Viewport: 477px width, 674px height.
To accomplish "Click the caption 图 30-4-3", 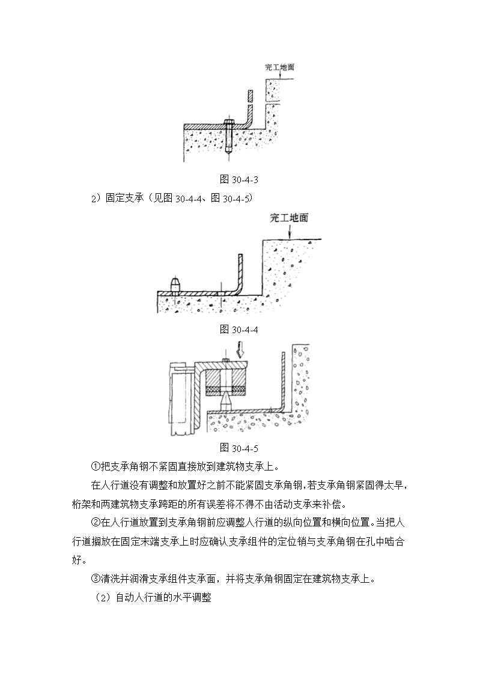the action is click(239, 179).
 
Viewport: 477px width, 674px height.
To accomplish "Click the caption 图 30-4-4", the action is click(239, 329).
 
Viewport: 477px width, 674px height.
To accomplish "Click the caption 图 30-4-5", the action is click(239, 448).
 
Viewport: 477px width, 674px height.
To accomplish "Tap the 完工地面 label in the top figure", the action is click(279, 67).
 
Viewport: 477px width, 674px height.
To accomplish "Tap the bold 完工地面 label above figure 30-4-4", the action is click(289, 218).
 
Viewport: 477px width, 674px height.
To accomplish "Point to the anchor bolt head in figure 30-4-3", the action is click(228, 123).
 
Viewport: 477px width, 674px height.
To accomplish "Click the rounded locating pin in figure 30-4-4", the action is click(177, 284).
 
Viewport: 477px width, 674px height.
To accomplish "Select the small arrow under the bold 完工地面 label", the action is click(290, 232).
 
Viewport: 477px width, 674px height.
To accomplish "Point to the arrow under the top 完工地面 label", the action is click(279, 75).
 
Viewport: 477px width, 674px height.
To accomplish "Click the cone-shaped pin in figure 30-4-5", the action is click(226, 403).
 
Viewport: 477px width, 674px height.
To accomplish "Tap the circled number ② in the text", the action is click(96, 523).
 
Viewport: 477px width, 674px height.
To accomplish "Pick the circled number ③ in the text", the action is click(96, 579).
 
